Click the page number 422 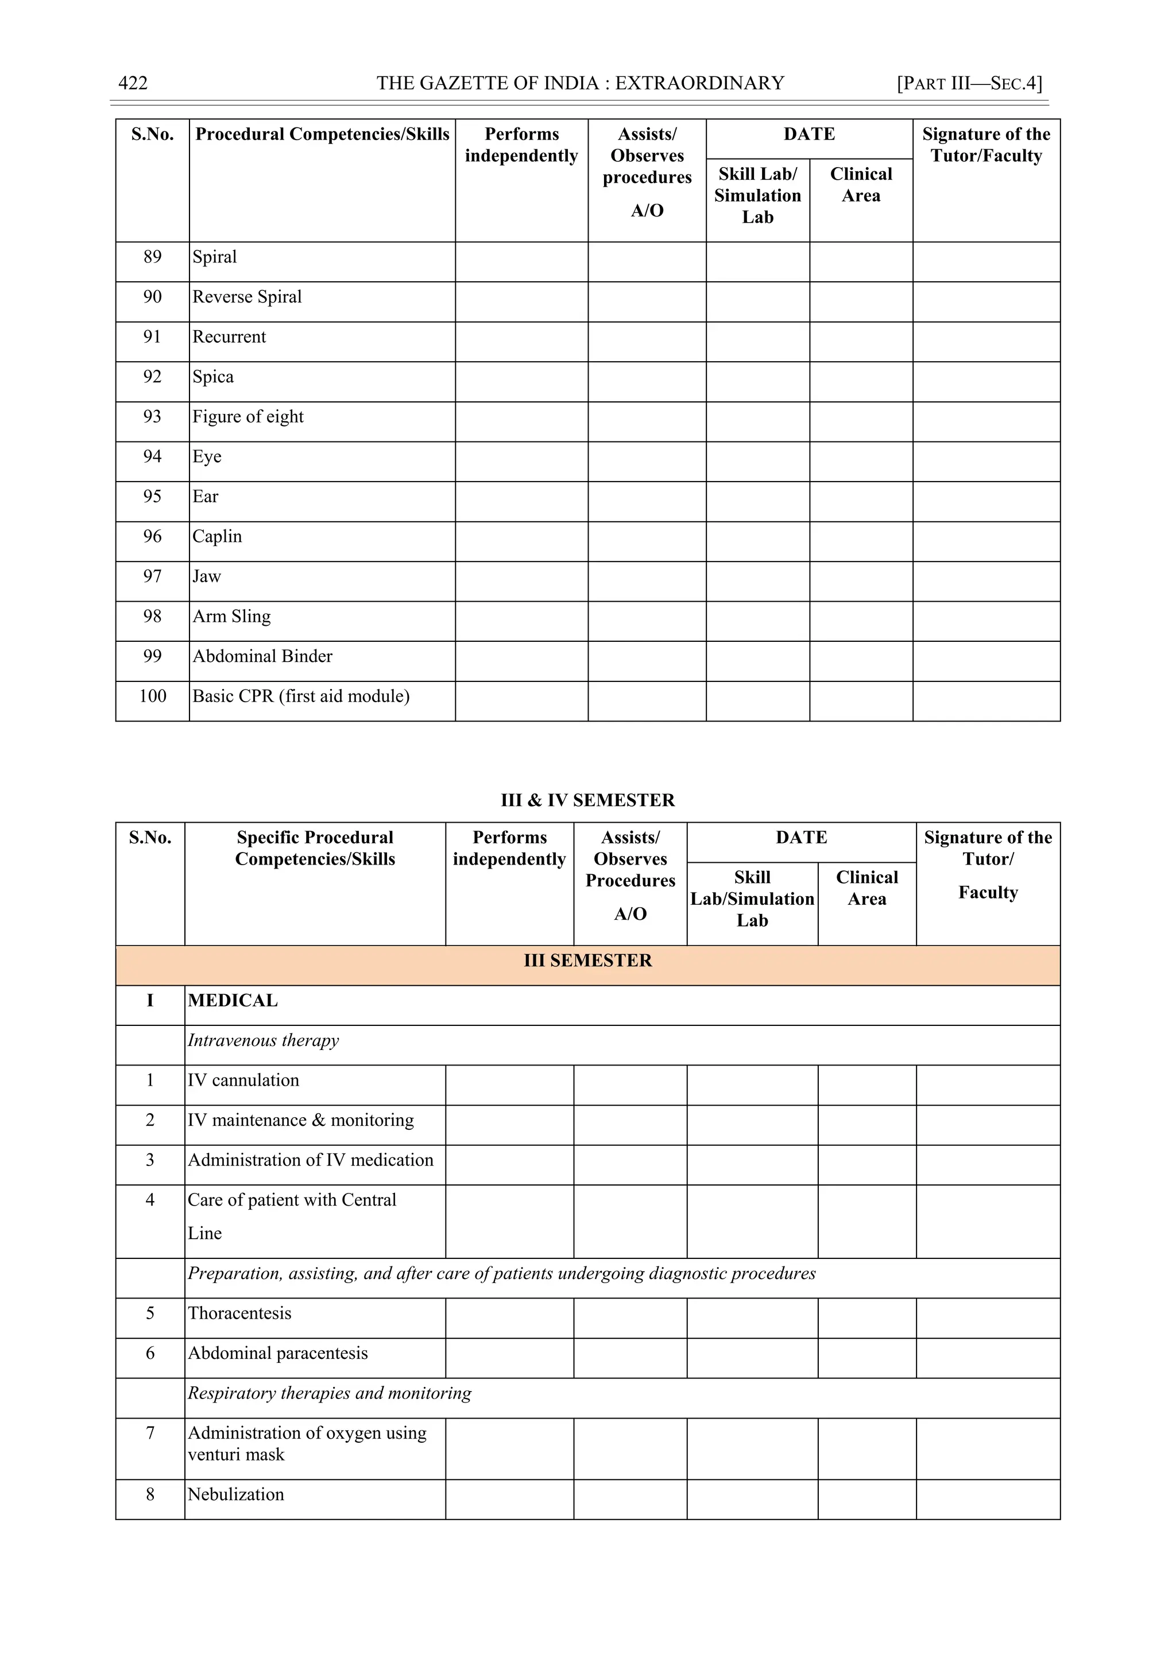click(x=133, y=83)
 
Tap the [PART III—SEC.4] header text click(x=969, y=83)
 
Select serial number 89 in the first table click(x=152, y=257)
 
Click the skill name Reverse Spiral click(x=247, y=297)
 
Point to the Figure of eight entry click(x=247, y=417)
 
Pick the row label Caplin click(x=217, y=536)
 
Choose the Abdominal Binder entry click(x=262, y=657)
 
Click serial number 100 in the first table click(x=152, y=696)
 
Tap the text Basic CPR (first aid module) click(x=300, y=696)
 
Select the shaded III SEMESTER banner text click(x=587, y=960)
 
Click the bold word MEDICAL click(x=233, y=1001)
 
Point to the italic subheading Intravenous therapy click(x=263, y=1040)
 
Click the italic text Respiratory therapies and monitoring click(x=329, y=1393)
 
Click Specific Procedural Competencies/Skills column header click(x=315, y=848)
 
